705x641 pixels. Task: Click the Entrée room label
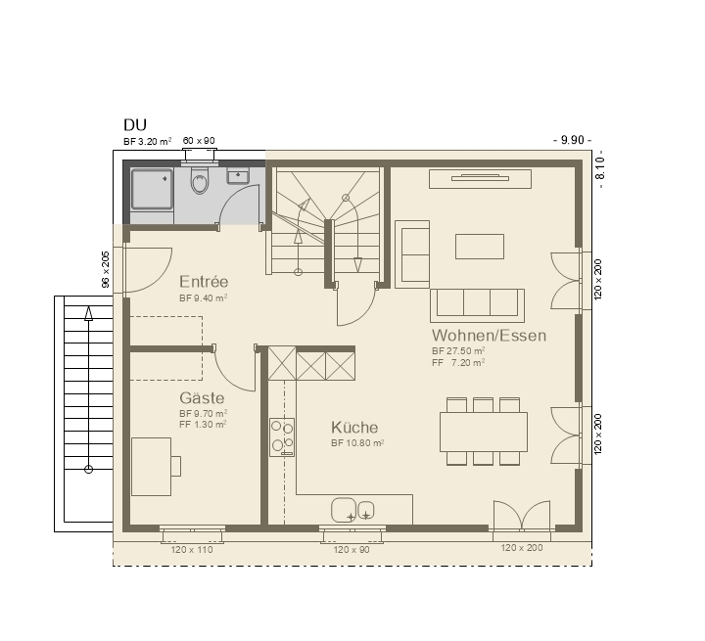[204, 282]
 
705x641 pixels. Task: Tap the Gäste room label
[202, 398]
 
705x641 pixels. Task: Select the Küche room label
[354, 427]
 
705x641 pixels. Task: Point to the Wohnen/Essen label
[489, 336]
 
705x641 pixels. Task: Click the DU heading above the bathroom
[135, 124]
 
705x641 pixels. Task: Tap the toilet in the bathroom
[200, 180]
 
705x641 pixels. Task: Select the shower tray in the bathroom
[152, 189]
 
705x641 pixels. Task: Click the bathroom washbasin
[238, 175]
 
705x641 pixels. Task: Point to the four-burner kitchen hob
[282, 437]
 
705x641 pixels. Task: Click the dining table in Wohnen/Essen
[484, 432]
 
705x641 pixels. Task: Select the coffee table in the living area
[479, 247]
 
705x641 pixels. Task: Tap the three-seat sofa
[477, 305]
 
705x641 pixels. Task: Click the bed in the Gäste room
[151, 467]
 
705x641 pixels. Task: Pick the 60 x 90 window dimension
[199, 141]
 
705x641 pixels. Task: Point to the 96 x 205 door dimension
[105, 269]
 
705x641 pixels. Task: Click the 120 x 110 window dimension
[192, 549]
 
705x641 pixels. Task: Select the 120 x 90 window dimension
[352, 549]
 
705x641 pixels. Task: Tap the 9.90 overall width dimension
[572, 140]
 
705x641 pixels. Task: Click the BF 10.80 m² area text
[357, 443]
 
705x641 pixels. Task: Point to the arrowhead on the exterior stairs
[88, 313]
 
